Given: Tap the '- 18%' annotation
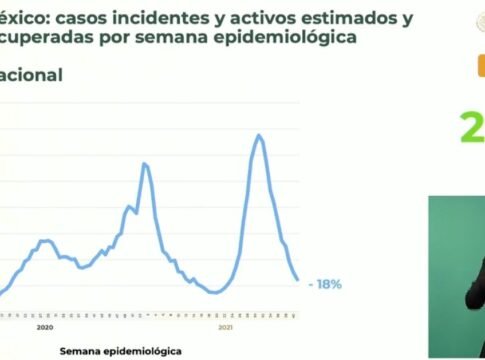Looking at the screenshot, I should (326, 284).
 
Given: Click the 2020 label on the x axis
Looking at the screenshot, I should (44, 327).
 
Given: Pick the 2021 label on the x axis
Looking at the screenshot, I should (226, 327).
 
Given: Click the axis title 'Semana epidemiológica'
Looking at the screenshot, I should (120, 351).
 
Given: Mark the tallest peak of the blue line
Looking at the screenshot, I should (260, 134).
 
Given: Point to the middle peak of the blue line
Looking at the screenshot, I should (145, 164).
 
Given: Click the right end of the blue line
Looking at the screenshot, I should (298, 280).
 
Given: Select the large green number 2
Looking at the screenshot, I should (470, 127).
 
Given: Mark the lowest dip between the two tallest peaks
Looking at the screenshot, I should (212, 292).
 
